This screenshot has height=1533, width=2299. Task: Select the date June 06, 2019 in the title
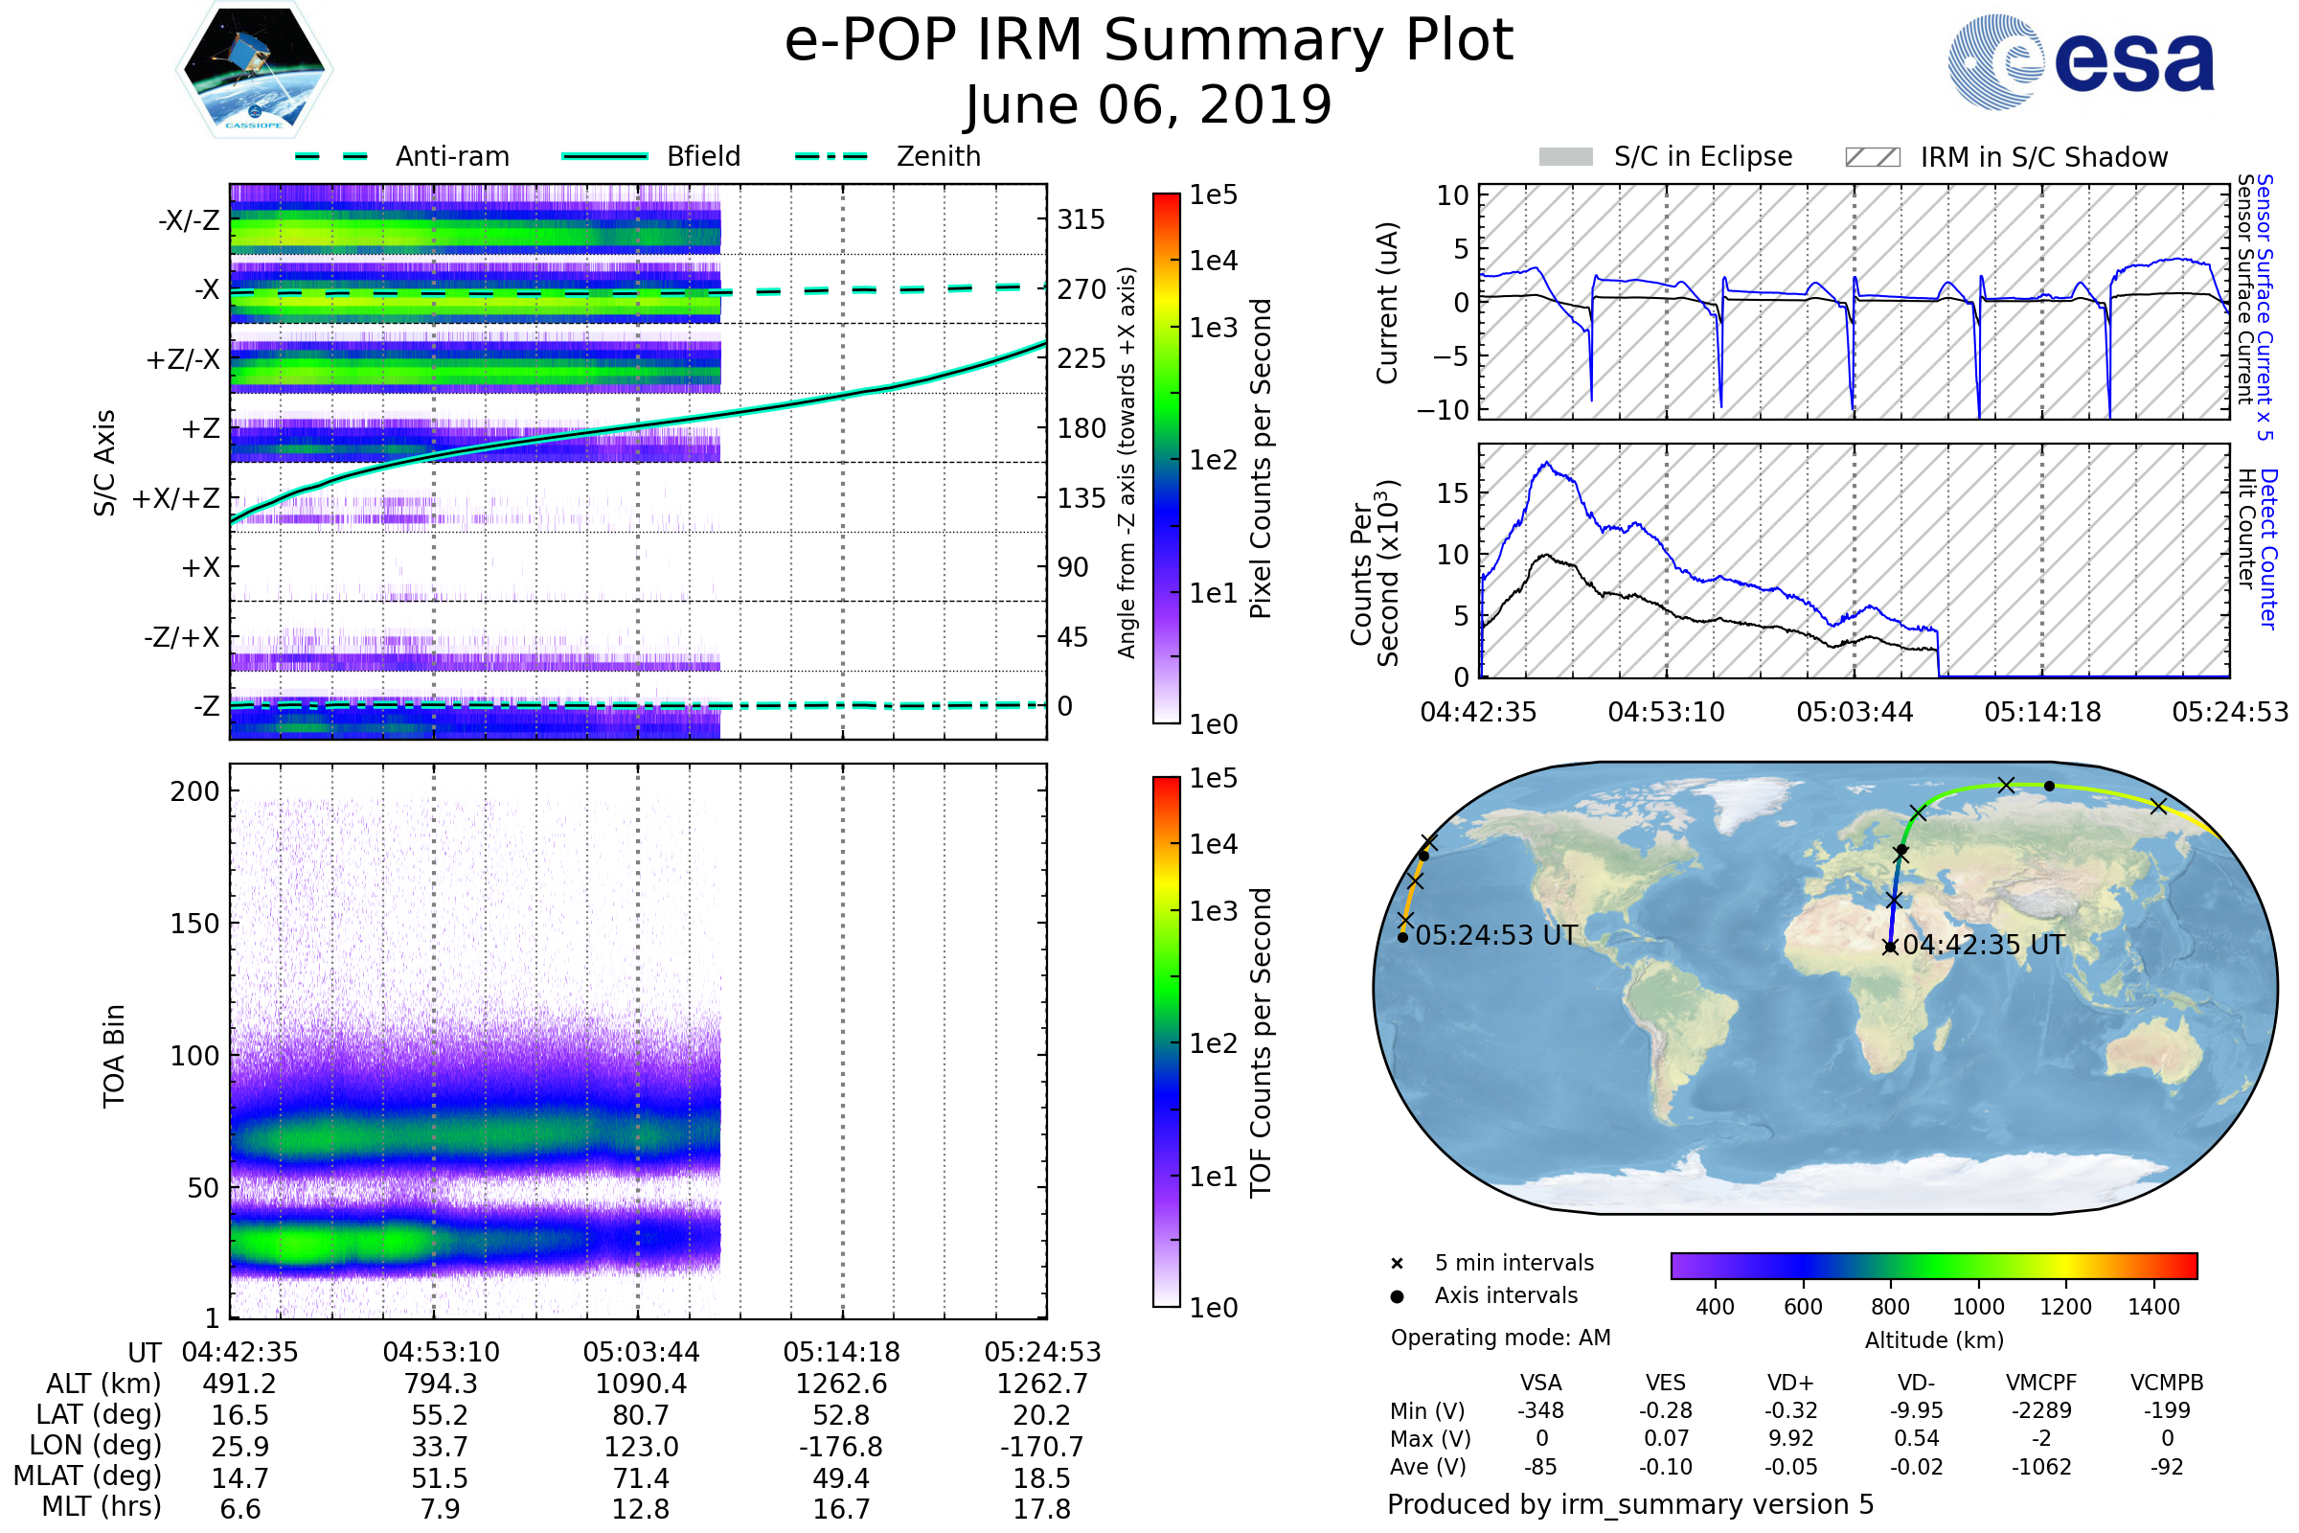(1148, 104)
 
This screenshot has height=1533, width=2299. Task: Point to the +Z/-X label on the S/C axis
(183, 360)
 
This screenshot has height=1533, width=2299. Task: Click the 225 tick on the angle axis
(1081, 358)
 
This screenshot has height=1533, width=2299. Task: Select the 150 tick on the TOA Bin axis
(194, 924)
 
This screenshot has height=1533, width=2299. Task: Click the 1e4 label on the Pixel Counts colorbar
(1213, 261)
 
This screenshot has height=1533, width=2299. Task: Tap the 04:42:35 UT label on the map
(1983, 946)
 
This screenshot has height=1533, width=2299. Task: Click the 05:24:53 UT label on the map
(1495, 936)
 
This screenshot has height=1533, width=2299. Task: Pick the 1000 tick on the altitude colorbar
(1977, 1307)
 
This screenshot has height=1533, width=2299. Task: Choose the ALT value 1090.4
(640, 1384)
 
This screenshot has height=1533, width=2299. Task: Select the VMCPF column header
(2041, 1384)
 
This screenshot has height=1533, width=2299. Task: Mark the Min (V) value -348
(1540, 1410)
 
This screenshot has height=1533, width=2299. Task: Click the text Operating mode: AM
(1500, 1338)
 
